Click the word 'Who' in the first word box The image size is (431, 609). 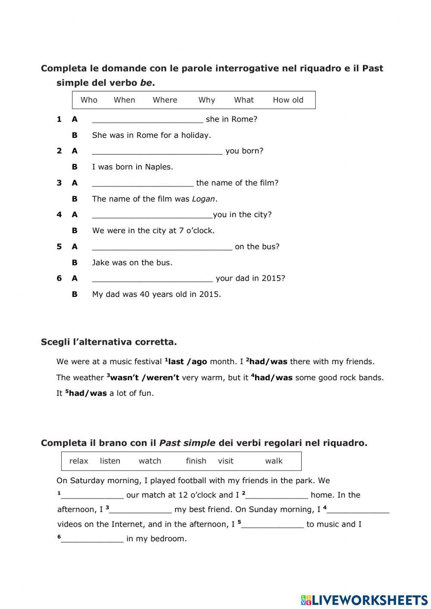click(89, 100)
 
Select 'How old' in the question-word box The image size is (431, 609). click(288, 100)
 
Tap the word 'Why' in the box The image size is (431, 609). click(206, 100)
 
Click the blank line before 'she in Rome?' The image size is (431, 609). click(147, 120)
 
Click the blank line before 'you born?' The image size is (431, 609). click(157, 151)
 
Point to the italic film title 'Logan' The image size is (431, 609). click(203, 199)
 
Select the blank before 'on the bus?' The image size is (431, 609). click(162, 247)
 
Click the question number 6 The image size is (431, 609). click(59, 278)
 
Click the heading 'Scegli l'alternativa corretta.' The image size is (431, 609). click(109, 342)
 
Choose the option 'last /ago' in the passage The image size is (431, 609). click(187, 362)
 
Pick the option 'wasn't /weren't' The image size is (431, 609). click(145, 378)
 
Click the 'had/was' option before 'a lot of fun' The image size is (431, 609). click(87, 393)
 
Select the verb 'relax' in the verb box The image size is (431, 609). click(78, 461)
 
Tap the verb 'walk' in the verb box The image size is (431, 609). click(274, 461)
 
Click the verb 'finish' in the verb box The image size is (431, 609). click(196, 461)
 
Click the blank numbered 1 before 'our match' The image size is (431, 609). click(92, 496)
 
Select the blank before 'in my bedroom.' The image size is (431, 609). click(92, 539)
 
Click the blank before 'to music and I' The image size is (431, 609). click(272, 525)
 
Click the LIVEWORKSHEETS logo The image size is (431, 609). click(364, 600)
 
